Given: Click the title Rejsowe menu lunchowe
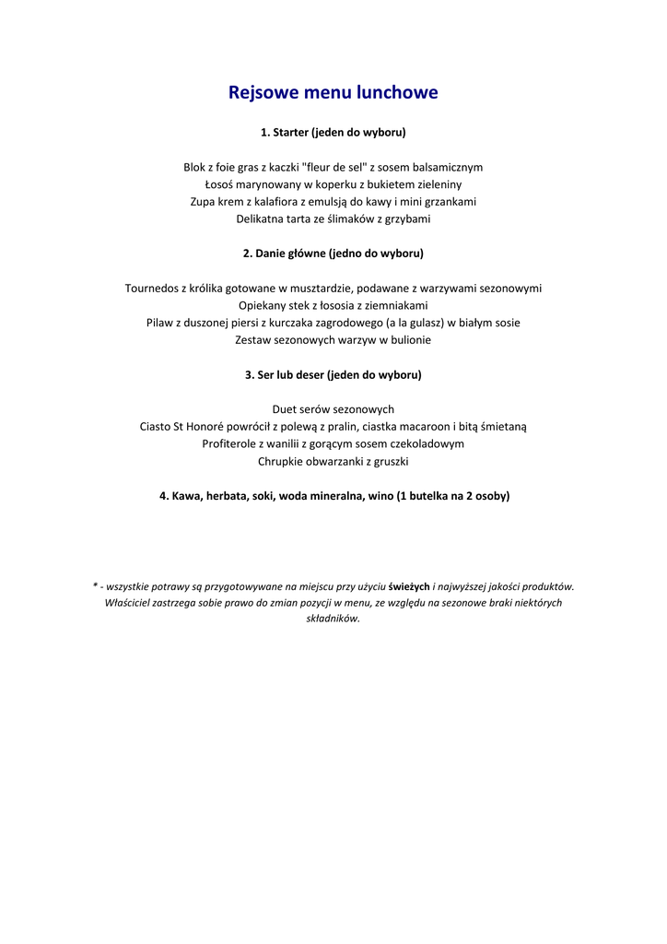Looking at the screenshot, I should (333, 92).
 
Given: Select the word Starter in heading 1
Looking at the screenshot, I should (290, 133).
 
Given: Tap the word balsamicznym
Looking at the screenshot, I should (448, 168).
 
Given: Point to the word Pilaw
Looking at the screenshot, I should (160, 323).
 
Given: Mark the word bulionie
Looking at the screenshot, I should (410, 340).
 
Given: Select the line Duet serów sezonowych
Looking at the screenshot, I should (333, 409).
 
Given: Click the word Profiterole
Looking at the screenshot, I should (231, 443).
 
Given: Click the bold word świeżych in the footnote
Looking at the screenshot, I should (409, 586).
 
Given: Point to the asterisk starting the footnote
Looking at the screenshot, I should (95, 584).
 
